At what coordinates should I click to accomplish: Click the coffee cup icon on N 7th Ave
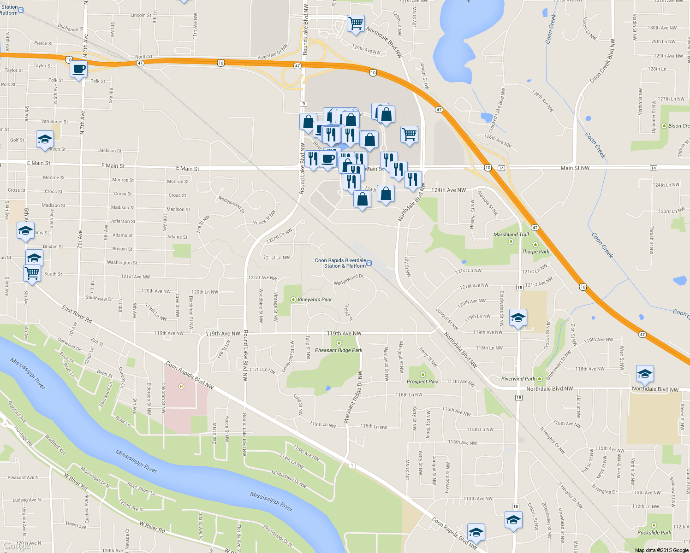79,70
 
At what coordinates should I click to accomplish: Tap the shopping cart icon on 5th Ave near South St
32,273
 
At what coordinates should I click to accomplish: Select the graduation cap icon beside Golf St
45,139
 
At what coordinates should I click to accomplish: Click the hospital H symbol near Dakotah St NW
181,387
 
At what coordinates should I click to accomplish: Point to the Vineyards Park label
315,300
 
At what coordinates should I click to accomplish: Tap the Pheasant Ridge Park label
339,350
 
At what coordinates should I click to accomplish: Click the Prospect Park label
422,382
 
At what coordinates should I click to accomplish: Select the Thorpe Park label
535,252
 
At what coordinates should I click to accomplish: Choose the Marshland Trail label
511,235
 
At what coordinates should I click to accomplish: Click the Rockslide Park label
654,533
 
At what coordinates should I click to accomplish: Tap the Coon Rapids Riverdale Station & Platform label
340,263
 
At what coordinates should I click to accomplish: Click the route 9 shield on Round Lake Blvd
303,104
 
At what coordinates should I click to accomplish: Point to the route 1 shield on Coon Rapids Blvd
352,465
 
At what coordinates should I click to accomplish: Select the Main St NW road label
575,168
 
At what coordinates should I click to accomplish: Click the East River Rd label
77,314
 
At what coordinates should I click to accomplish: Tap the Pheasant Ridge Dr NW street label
353,397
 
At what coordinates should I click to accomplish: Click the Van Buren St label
54,122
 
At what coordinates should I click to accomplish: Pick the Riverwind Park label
518,379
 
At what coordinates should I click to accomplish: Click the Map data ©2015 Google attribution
661,550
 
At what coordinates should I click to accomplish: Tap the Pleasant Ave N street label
23,477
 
